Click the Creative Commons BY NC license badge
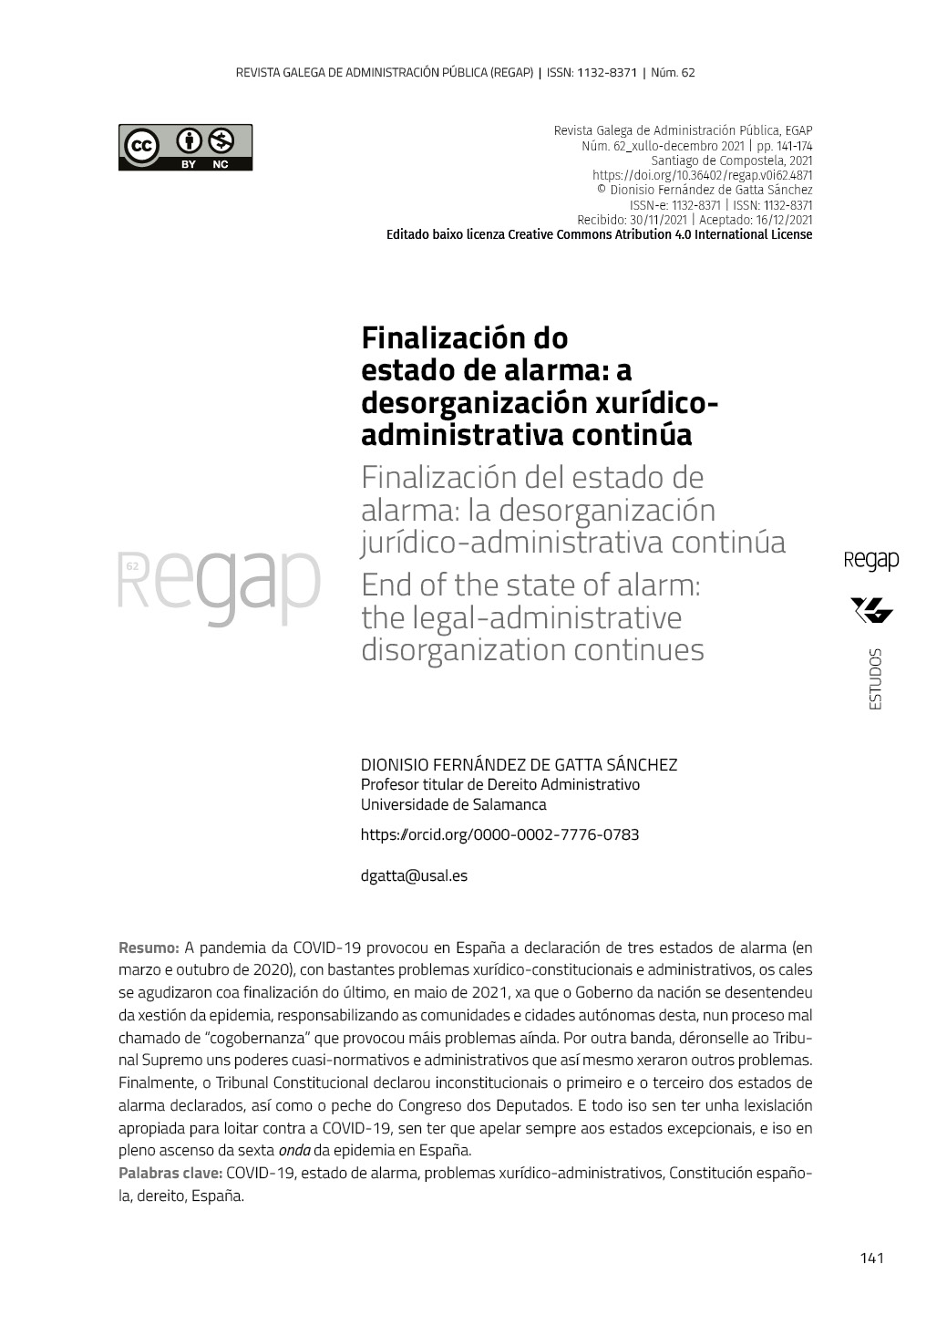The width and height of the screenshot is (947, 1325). click(x=185, y=147)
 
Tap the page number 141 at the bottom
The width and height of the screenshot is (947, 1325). click(x=871, y=1258)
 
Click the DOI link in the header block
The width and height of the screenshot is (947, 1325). click(x=702, y=175)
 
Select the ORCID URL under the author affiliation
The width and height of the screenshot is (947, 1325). click(x=499, y=834)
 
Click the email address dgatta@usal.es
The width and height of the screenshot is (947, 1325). click(x=414, y=875)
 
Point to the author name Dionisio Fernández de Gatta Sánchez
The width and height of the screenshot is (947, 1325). click(x=519, y=764)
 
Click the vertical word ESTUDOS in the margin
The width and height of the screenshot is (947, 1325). click(x=875, y=678)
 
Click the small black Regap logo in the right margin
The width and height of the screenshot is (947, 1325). click(x=871, y=560)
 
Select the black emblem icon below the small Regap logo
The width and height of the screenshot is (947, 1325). click(x=871, y=610)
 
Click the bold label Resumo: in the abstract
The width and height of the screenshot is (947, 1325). click(x=149, y=947)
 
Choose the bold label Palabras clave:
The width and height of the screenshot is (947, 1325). click(x=170, y=1173)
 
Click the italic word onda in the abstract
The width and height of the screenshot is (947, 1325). click(x=293, y=1150)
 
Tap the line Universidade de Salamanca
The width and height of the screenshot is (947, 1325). click(x=453, y=804)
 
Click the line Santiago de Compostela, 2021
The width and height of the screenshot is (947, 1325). click(x=732, y=160)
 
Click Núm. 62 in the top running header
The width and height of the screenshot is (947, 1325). click(x=673, y=72)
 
